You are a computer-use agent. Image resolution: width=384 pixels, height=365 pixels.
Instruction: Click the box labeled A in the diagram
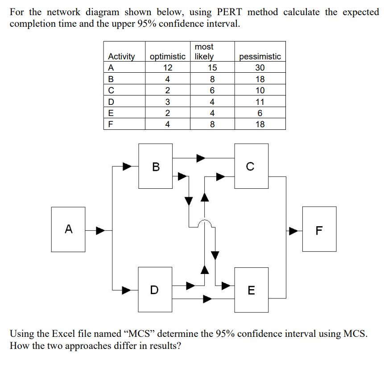68,229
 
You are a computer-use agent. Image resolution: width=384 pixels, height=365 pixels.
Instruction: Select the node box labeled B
155,166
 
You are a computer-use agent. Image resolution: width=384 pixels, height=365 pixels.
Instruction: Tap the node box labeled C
252,166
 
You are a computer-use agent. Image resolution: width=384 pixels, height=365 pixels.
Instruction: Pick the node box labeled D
155,289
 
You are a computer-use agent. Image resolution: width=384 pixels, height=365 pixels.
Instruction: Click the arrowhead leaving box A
101,231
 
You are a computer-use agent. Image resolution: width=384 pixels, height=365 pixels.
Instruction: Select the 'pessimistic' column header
260,57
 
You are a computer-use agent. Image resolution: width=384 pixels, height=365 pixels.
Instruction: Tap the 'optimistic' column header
168,57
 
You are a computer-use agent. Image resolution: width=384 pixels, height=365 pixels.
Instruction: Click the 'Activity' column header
121,57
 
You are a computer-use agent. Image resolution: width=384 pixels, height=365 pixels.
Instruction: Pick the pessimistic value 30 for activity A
260,68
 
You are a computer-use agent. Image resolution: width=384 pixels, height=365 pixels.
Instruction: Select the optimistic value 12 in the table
168,68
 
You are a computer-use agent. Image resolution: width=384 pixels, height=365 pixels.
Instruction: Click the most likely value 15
212,68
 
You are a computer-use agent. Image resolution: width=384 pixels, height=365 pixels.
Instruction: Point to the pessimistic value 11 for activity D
260,102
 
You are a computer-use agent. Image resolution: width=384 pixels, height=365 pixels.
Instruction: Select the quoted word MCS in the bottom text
141,334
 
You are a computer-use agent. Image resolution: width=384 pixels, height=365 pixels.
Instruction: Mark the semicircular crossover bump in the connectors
205,223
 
